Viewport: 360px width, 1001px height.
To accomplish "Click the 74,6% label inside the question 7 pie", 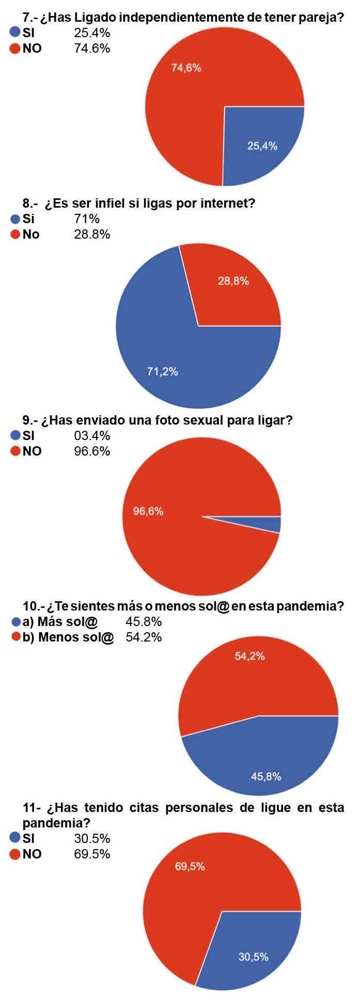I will [x=186, y=68].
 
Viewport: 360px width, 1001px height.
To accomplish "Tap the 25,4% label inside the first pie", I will [x=262, y=146].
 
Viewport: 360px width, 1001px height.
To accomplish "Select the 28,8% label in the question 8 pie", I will [x=233, y=281].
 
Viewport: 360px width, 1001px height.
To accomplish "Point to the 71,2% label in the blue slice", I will [x=162, y=371].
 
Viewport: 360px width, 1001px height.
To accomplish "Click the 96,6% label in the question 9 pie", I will [x=148, y=511].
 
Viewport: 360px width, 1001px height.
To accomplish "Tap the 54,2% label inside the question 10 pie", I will [x=249, y=656].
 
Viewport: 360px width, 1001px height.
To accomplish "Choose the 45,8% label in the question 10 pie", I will [x=266, y=776].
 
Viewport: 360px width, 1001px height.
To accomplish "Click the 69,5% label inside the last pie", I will [x=190, y=866].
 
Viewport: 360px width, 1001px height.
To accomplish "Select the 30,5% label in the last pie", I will [x=253, y=957].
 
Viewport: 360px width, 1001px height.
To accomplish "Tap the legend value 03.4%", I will [x=92, y=436].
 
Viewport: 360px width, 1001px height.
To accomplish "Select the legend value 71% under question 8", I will [x=86, y=219].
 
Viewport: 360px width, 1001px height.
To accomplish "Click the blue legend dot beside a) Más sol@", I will [x=16, y=622].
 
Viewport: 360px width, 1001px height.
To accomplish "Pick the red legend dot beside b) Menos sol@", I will [x=16, y=637].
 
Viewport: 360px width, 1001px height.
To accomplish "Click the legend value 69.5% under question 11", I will [x=92, y=854].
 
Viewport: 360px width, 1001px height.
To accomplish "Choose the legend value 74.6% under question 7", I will [x=92, y=49].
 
